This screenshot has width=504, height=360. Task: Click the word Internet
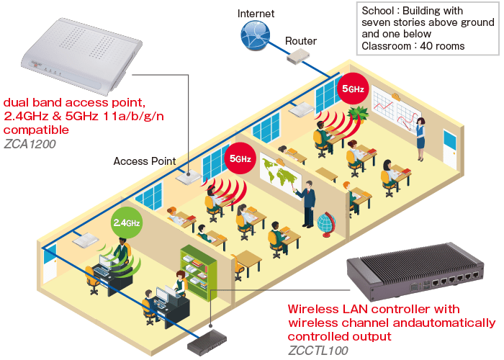[256, 13]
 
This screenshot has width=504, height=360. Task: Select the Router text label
[300, 41]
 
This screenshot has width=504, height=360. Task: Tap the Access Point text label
[144, 161]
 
